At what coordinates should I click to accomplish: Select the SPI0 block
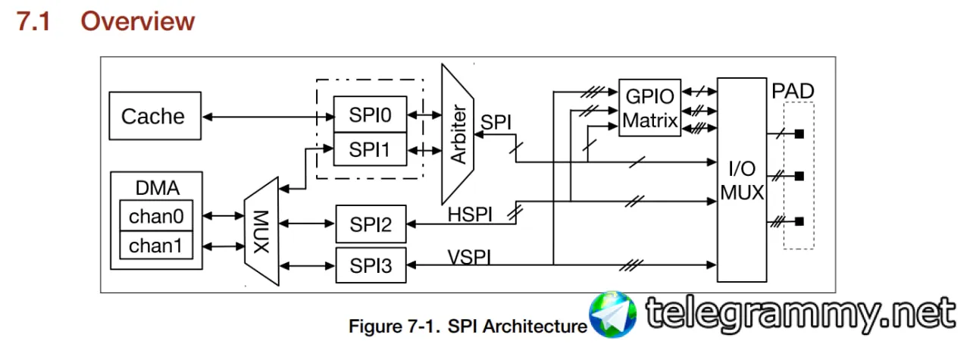pos(370,114)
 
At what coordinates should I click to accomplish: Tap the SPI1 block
pos(370,149)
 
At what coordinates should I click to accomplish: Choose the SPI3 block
pos(371,265)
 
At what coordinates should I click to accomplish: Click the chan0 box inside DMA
pos(156,217)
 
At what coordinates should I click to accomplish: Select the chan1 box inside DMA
pos(156,246)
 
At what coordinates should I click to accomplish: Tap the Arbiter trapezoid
pos(458,133)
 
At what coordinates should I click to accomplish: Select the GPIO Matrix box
pos(649,108)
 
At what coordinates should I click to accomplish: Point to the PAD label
pos(793,92)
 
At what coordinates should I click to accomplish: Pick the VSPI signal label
pos(468,257)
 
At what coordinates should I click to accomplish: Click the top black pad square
pos(799,135)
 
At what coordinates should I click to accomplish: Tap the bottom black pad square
pos(799,221)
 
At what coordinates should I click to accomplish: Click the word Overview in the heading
pos(138,21)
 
